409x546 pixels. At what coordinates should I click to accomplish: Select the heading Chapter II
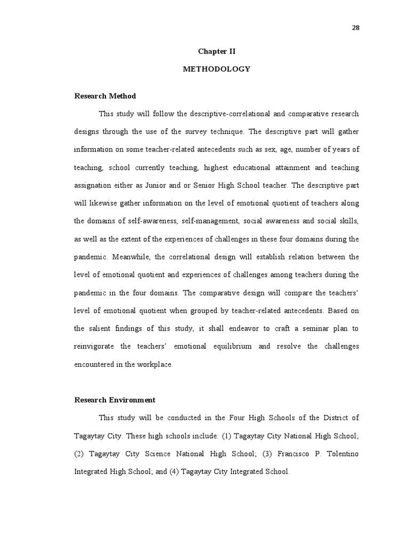tap(216, 52)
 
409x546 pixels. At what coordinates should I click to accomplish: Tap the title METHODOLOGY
tap(216, 69)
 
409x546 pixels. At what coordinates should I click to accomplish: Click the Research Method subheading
tap(105, 96)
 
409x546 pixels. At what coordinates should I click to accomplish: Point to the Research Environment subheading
tap(114, 400)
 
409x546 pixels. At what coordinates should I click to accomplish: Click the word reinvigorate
tap(95, 347)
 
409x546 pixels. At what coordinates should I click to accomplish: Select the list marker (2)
tap(79, 454)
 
